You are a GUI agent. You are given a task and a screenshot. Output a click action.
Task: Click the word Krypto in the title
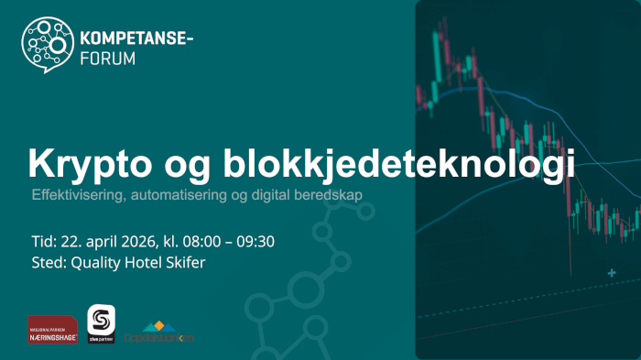pyautogui.click(x=85, y=163)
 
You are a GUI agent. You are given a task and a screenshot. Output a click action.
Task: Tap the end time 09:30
pyautogui.click(x=256, y=242)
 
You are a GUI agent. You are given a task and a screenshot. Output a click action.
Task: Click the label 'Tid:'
pyautogui.click(x=44, y=242)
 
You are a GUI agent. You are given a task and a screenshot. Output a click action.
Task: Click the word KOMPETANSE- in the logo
pyautogui.click(x=137, y=39)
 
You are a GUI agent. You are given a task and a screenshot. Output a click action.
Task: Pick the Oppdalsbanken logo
pyautogui.click(x=159, y=333)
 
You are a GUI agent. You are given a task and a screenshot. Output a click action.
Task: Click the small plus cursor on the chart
pyautogui.click(x=611, y=272)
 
